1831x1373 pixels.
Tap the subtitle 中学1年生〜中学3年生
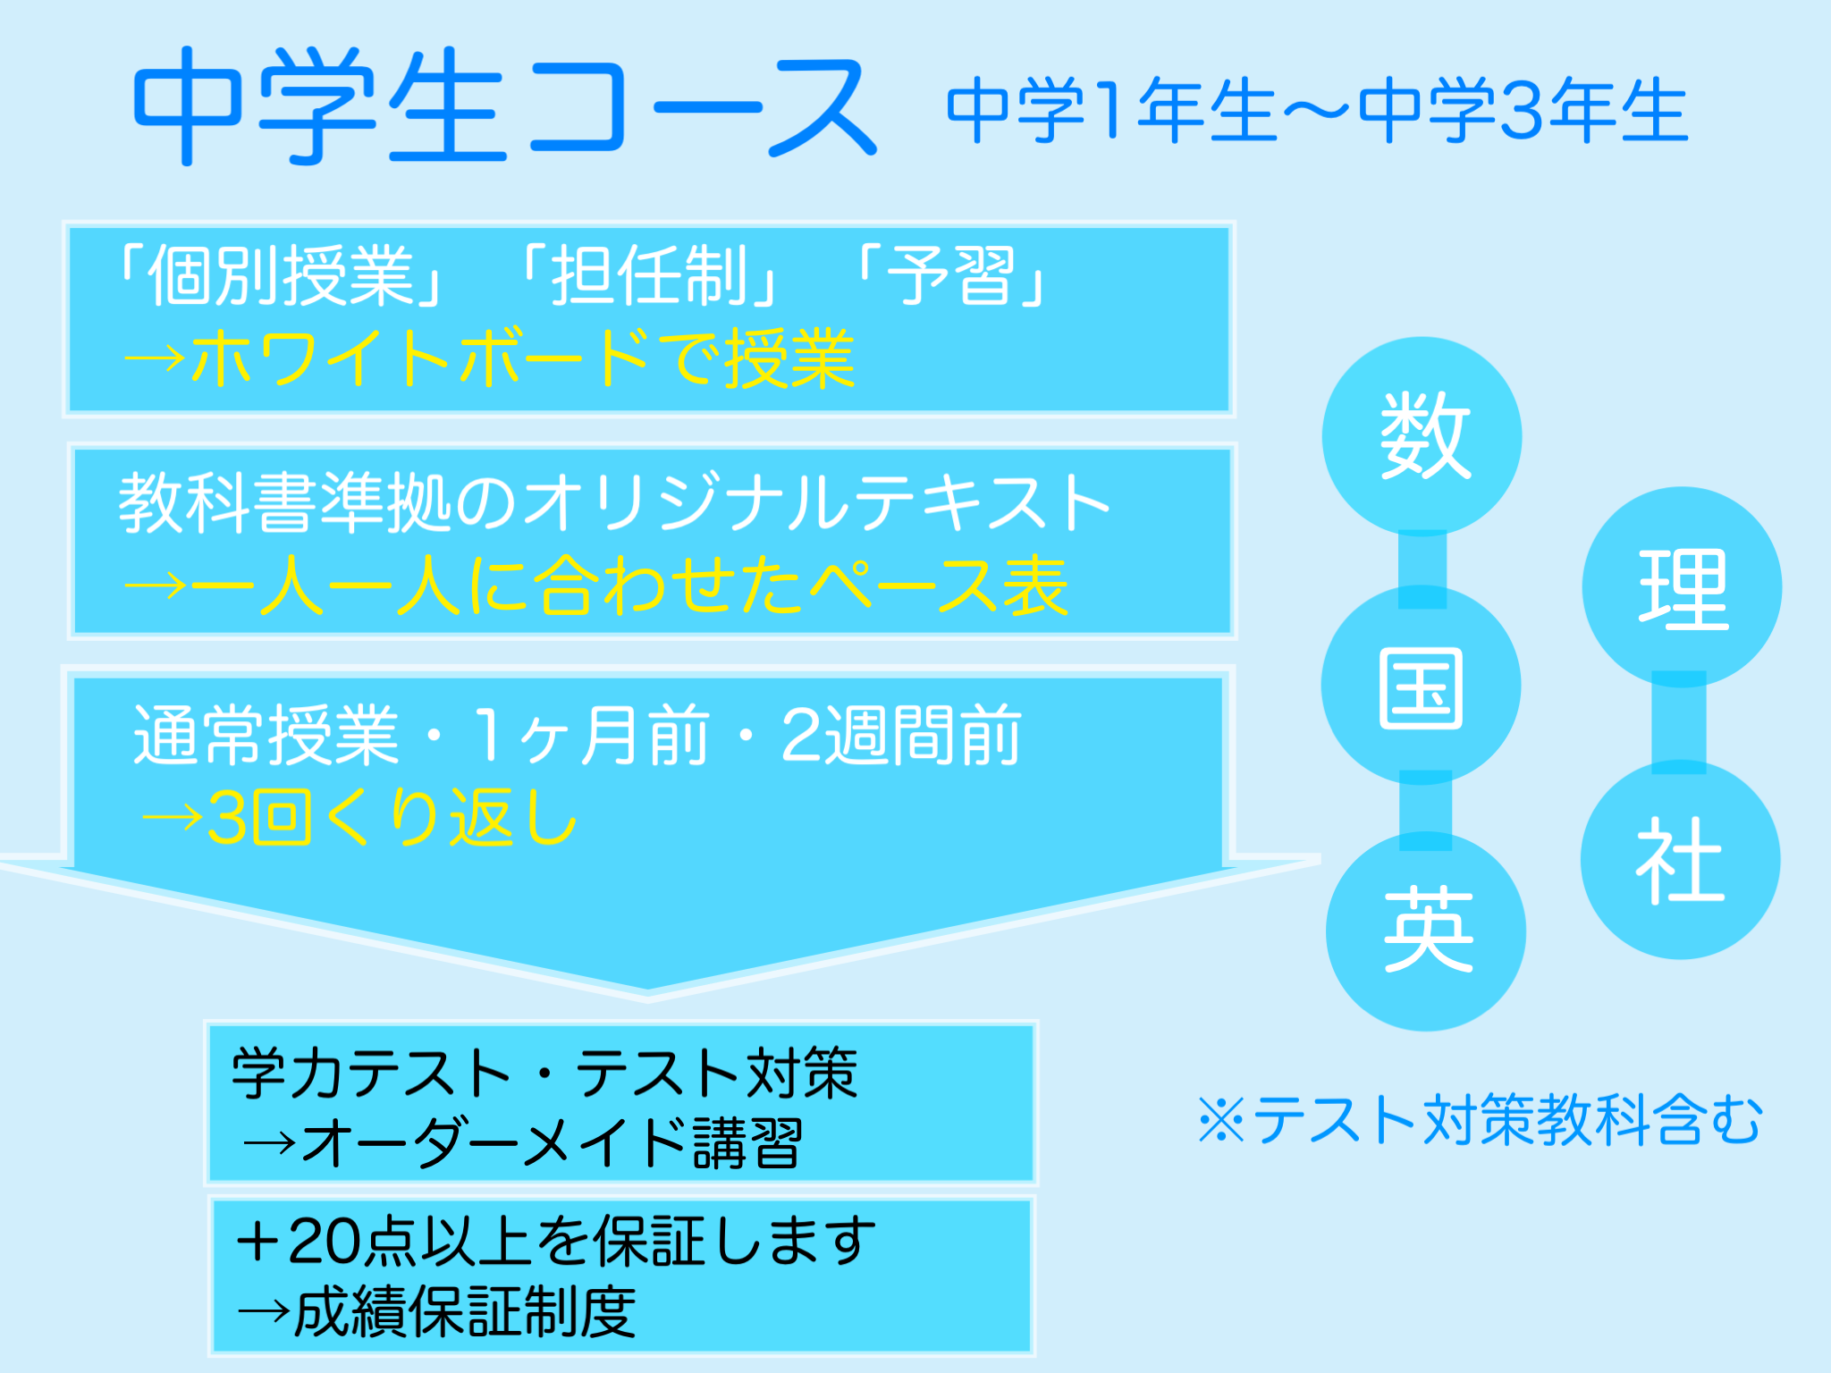pos(1317,111)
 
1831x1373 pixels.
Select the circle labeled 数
pos(1422,436)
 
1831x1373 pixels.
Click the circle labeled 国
pos(1421,686)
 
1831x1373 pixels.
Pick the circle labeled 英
pos(1426,931)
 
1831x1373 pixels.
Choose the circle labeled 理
pos(1682,588)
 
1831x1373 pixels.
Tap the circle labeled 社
pos(1680,861)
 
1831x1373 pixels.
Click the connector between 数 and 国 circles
pos(1422,560)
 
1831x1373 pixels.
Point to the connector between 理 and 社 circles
pos(1678,722)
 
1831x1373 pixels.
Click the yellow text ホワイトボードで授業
pos(523,358)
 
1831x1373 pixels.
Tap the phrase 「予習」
pos(951,275)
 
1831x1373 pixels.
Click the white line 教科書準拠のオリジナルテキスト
pos(615,503)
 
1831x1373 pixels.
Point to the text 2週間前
pos(900,735)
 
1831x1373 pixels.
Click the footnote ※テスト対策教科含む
pos(1480,1119)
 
